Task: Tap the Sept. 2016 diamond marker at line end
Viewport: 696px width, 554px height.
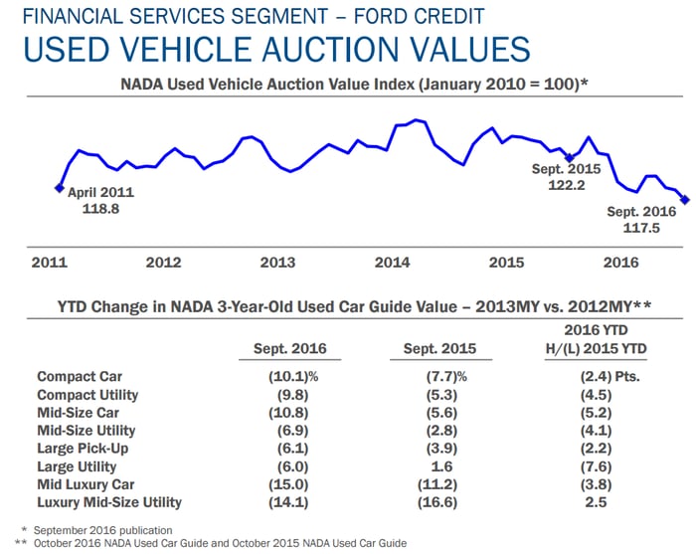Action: pyautogui.click(x=685, y=200)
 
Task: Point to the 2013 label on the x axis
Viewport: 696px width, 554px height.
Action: pyautogui.click(x=277, y=263)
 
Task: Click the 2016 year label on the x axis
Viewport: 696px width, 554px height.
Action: pyautogui.click(x=621, y=263)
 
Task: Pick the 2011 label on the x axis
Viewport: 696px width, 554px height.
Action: pyautogui.click(x=49, y=263)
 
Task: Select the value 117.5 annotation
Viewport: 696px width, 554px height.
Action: pyautogui.click(x=641, y=227)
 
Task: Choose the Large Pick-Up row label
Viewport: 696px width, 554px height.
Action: pyautogui.click(x=83, y=448)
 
